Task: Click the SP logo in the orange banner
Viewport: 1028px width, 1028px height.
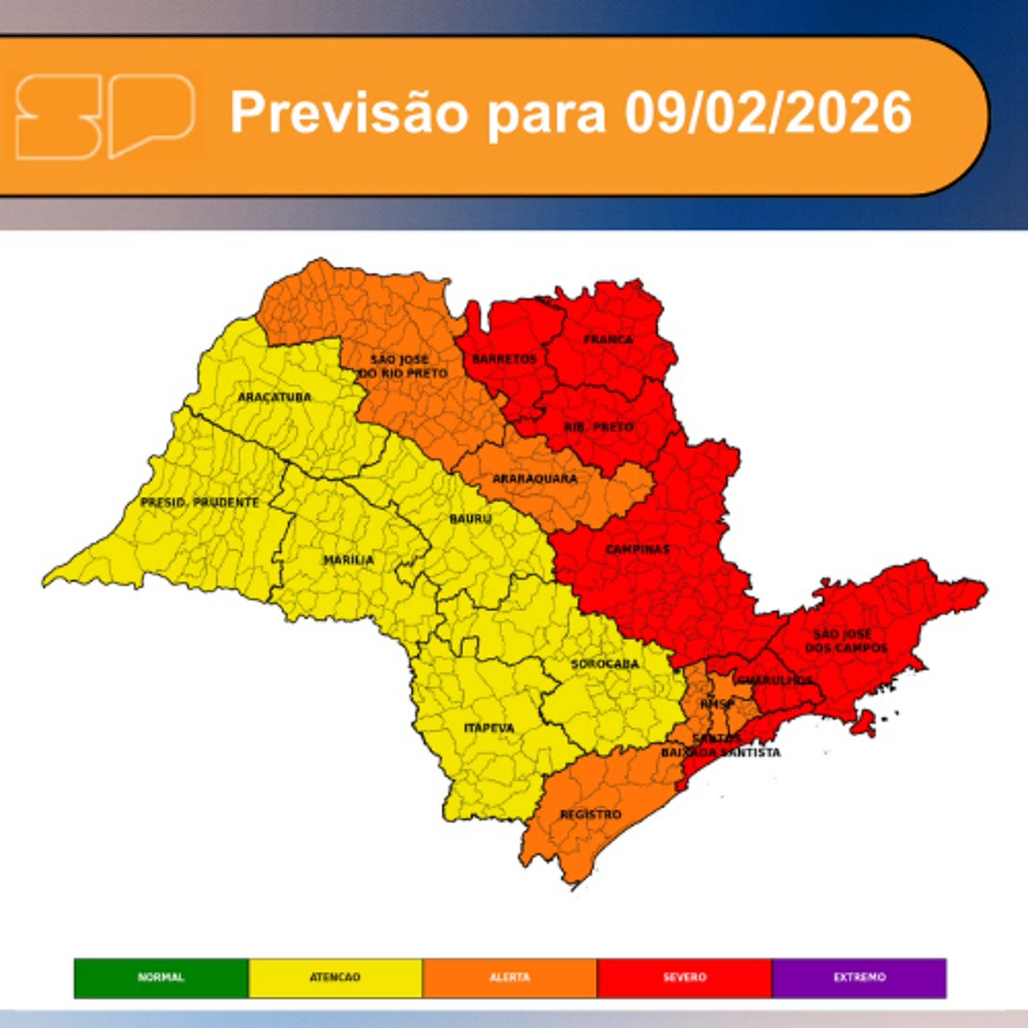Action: [x=105, y=117]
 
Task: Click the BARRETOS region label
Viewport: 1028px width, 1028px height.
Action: [x=504, y=359]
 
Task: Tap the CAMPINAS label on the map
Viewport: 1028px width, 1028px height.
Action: [x=637, y=549]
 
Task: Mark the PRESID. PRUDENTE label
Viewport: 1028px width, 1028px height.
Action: [x=199, y=502]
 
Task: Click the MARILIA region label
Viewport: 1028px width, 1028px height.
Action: [x=348, y=560]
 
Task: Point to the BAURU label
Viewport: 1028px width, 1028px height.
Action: [x=470, y=518]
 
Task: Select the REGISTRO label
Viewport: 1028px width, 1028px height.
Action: [x=591, y=815]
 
